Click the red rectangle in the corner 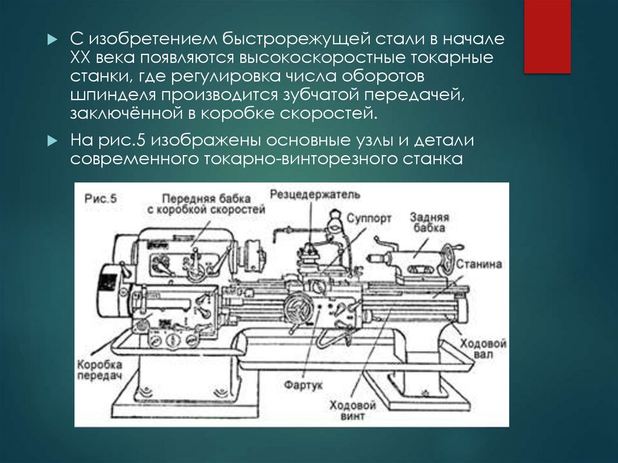[547, 36]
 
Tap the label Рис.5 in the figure [101, 198]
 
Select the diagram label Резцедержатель [315, 194]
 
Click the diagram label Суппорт [369, 218]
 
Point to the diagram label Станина [479, 264]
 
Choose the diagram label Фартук [303, 385]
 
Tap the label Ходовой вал [483, 348]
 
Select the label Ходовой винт [352, 410]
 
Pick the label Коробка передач [100, 370]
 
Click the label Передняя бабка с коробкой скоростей [206, 204]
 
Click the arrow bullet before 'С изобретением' [53, 39]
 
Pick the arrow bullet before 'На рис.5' [53, 141]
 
